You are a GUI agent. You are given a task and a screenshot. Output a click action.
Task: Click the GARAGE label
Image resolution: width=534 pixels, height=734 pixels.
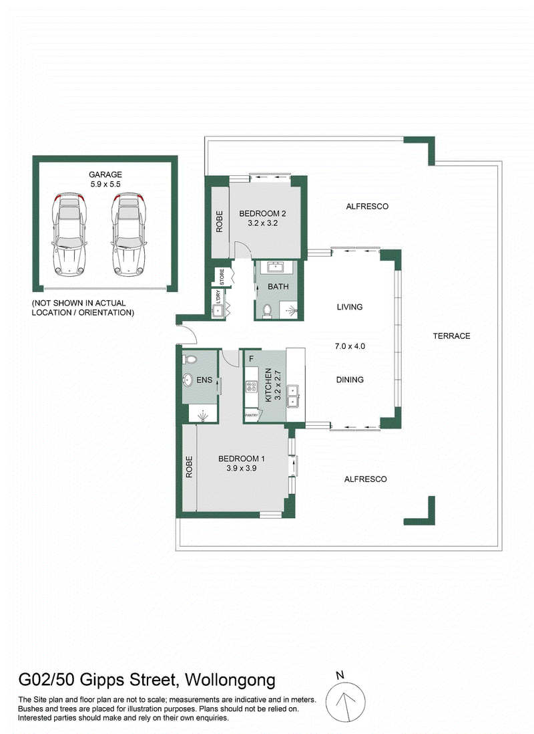tap(105, 174)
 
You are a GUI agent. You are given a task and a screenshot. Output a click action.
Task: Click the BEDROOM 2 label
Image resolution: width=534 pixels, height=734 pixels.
tap(262, 213)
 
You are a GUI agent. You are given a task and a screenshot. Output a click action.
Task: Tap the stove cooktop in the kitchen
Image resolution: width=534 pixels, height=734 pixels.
tap(252, 386)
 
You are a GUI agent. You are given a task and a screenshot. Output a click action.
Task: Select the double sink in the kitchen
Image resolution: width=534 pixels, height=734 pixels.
tap(293, 396)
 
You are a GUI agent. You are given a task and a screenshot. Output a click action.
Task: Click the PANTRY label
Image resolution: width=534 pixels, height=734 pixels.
tap(252, 415)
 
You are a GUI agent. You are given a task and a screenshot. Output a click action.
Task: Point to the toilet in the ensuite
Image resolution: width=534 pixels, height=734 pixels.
tap(190, 360)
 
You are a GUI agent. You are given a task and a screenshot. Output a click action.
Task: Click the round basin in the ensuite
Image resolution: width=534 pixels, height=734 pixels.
tap(188, 380)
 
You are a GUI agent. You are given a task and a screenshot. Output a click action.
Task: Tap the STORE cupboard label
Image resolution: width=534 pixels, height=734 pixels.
tap(222, 276)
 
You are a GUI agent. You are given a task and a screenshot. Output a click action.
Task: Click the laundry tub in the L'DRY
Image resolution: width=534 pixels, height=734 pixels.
tap(218, 311)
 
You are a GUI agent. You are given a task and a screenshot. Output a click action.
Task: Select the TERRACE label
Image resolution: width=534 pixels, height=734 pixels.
tap(451, 336)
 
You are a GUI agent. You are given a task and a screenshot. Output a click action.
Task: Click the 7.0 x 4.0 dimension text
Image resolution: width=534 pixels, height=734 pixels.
tap(350, 346)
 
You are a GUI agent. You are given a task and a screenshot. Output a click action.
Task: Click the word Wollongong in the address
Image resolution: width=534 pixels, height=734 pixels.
tap(230, 680)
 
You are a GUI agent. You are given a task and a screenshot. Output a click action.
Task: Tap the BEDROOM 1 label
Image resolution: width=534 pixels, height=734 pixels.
tap(241, 459)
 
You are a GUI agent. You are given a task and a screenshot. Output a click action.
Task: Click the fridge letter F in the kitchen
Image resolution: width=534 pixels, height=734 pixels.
tap(251, 359)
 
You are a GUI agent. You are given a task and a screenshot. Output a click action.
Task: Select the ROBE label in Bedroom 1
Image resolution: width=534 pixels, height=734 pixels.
tap(189, 467)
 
